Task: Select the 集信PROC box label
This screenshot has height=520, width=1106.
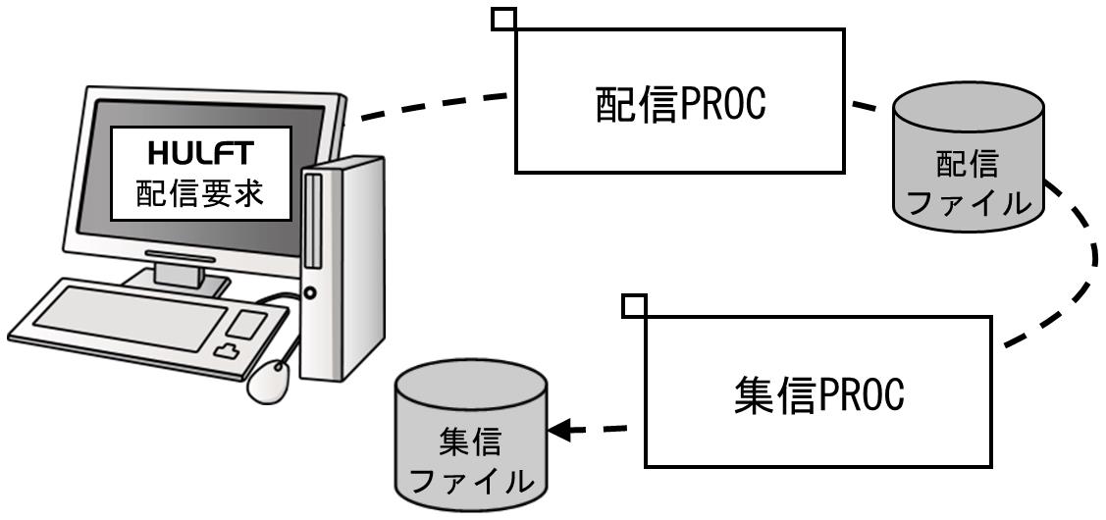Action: coord(818,395)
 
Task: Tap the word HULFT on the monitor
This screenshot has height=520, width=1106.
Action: coord(201,152)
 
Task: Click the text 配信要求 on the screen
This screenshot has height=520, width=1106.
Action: coord(201,192)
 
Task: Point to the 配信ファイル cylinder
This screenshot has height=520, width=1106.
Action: coord(969,157)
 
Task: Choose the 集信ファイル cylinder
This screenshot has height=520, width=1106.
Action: coord(471,436)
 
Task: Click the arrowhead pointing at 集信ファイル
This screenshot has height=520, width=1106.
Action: coord(558,430)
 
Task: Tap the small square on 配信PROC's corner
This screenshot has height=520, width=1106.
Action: coord(503,19)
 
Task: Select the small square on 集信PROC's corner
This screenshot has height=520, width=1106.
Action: coord(635,305)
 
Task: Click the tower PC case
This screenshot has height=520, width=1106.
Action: coord(342,268)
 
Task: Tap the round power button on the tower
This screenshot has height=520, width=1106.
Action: coord(310,291)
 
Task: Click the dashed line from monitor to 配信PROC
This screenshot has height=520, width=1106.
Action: coord(435,106)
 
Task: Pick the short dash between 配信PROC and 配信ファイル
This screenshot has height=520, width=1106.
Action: coord(864,107)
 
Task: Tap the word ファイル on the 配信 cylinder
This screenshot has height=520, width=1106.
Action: coord(968,203)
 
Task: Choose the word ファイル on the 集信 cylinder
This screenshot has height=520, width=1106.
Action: coord(471,481)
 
